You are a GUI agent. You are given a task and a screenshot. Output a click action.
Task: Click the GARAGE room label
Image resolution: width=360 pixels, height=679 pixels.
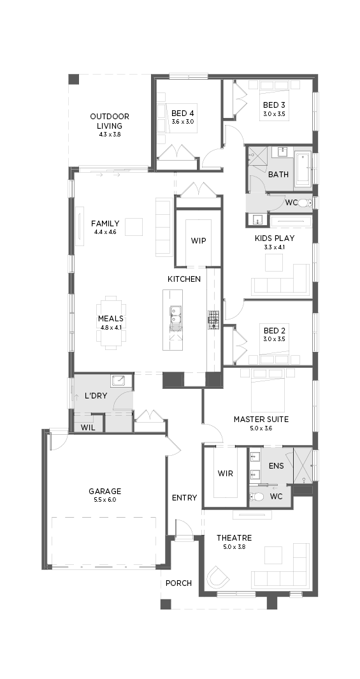pos(104,491)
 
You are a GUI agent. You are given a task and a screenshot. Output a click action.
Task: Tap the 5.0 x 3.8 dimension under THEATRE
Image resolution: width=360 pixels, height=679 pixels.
pos(234,546)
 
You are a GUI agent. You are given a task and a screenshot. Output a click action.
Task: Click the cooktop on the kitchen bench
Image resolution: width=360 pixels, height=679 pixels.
pos(213,320)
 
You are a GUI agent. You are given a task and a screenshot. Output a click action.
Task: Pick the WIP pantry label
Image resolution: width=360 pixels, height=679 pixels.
pos(198,240)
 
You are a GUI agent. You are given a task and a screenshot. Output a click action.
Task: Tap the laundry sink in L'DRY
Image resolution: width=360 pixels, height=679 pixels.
pos(118,381)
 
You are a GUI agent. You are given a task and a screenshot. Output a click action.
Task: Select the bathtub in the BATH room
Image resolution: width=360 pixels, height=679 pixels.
pos(303,169)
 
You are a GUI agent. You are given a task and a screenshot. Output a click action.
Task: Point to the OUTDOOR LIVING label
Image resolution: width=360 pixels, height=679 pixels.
pos(110,120)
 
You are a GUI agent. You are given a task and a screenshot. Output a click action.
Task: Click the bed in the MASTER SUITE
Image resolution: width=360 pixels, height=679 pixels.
pos(268,390)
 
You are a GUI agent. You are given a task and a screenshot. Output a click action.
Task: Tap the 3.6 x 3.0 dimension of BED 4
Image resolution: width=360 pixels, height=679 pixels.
pos(183,122)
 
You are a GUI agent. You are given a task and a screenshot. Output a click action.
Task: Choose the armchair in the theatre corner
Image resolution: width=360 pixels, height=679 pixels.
pos(219,577)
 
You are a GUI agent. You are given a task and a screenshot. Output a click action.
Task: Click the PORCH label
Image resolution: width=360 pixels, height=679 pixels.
pos(178,583)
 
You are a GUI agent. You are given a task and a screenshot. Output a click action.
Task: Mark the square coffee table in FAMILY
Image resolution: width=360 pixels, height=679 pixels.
pos(134,226)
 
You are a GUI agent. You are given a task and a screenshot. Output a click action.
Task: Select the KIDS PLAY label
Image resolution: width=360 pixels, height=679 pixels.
pos(275,238)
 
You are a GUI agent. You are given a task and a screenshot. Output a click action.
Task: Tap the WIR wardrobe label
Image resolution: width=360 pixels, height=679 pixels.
pos(226,473)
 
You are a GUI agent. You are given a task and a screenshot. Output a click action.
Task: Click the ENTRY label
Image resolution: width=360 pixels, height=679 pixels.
pos(184,497)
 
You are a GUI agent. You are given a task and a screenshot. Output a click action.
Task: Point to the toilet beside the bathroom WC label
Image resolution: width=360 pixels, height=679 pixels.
pos(306,203)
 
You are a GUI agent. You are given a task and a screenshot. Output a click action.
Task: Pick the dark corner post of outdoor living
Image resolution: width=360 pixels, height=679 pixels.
pos(74,79)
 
